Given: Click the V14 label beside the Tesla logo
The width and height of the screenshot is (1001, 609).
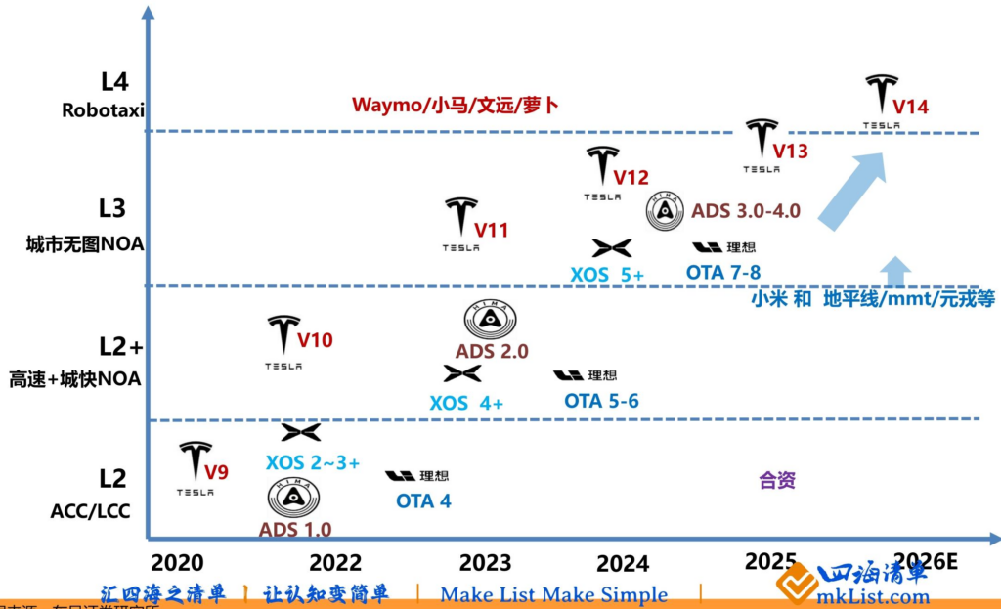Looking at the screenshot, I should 910,106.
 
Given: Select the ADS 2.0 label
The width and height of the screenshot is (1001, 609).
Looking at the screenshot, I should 492,351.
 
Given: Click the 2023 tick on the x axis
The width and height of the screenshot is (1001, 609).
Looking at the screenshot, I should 485,563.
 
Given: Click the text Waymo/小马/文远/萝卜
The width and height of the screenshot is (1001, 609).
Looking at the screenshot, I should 456,104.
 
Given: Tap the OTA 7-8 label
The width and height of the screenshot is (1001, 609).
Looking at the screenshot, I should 722,273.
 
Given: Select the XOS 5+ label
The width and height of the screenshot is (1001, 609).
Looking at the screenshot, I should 607,275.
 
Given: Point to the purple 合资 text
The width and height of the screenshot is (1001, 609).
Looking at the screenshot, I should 777,480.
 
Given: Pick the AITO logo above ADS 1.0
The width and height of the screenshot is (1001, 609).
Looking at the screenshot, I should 293,498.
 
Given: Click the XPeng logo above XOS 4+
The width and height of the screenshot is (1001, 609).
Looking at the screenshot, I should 461,373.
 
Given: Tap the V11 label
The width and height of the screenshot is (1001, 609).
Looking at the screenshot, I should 492,231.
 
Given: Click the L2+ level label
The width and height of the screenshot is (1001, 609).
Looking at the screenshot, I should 121,346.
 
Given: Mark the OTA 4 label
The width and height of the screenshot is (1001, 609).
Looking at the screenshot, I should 423,501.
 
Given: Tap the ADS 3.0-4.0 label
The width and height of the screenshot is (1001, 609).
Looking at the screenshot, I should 746,210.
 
